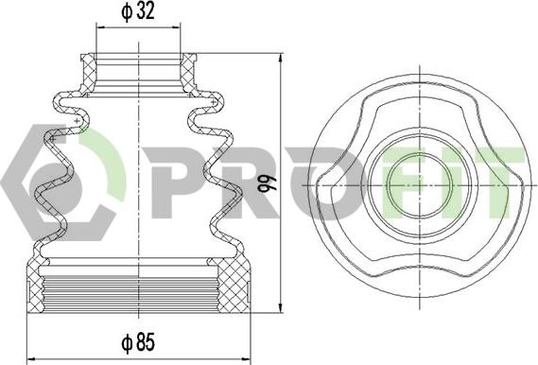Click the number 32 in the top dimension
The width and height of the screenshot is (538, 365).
coord(146,11)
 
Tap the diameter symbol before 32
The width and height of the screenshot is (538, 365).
coord(127,12)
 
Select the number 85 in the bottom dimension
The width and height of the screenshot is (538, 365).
coord(146,341)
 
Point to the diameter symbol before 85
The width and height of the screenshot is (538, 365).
coord(127,342)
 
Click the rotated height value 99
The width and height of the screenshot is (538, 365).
coord(268,184)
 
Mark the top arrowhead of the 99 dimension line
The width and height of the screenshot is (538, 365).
coord(281,59)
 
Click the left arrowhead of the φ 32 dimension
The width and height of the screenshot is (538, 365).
coord(101,26)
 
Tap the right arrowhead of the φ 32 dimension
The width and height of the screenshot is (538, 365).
coord(176,26)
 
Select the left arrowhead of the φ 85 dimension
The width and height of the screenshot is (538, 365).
coord(32,359)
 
